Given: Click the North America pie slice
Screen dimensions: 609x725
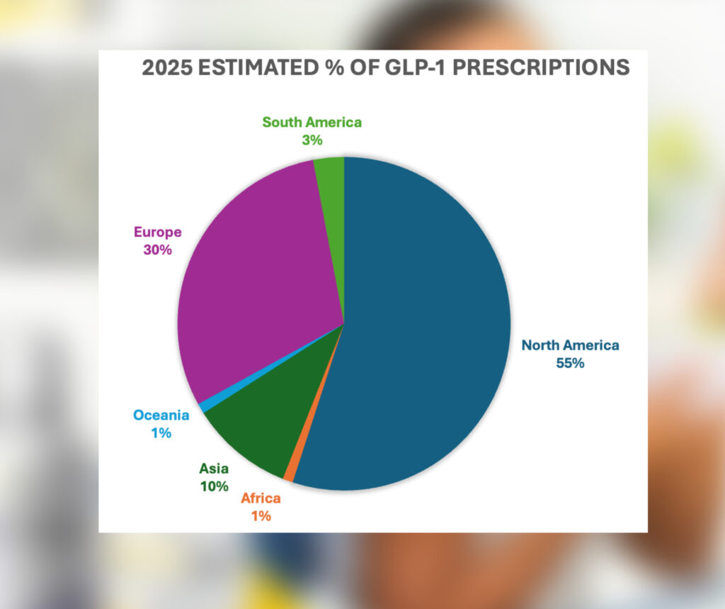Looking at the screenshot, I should point(425,319).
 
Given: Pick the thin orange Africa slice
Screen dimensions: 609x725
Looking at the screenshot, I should point(290,476).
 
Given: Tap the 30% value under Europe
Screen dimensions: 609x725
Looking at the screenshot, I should point(157,250).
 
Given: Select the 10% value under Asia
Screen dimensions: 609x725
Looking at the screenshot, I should point(214,486).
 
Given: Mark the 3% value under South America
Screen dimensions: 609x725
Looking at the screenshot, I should point(312,140).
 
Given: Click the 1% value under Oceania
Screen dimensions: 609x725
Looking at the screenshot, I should point(161,432).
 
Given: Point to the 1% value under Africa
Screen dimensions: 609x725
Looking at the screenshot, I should point(261,516).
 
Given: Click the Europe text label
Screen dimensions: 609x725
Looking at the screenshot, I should point(158,232).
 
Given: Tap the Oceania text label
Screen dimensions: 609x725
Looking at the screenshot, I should point(161,415).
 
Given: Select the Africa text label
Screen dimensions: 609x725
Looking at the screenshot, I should point(261,498).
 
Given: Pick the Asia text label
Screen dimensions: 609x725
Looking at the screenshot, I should point(214,469).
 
